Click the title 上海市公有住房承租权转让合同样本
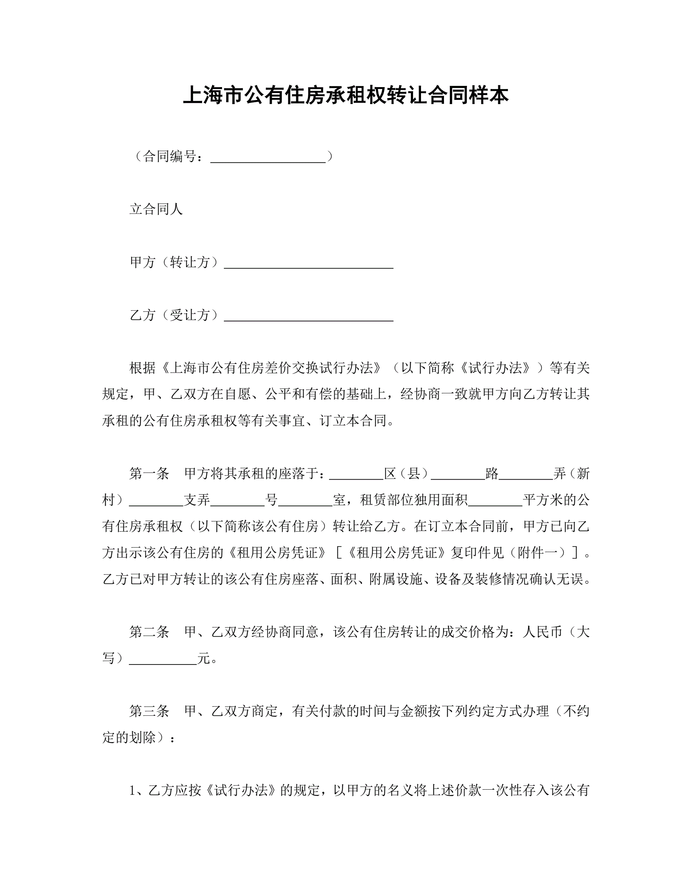pyautogui.click(x=346, y=95)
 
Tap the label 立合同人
pyautogui.click(x=156, y=209)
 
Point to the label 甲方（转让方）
pyautogui.click(x=174, y=262)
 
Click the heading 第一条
pyautogui.click(x=149, y=474)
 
